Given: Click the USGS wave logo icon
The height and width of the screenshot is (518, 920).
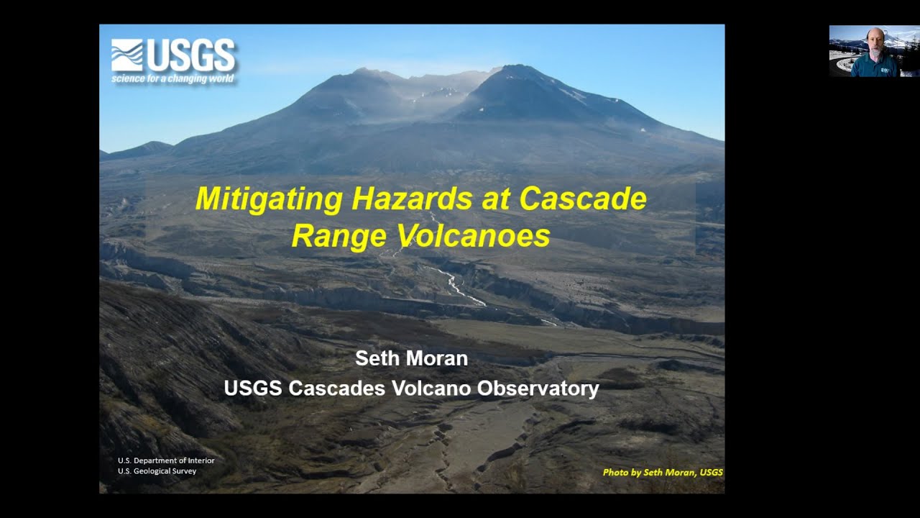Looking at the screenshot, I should point(127,55).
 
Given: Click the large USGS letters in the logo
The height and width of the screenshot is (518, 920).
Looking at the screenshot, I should point(191,55).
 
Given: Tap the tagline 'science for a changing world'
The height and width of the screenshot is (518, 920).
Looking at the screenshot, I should point(172,78).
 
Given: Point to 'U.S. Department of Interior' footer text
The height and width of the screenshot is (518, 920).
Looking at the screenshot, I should point(166,460).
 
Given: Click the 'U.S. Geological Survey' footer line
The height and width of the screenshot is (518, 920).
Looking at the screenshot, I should point(157,471).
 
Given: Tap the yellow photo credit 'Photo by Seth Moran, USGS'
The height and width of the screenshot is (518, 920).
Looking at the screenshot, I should point(662,473).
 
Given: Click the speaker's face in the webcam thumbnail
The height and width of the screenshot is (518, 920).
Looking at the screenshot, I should point(874,42).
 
